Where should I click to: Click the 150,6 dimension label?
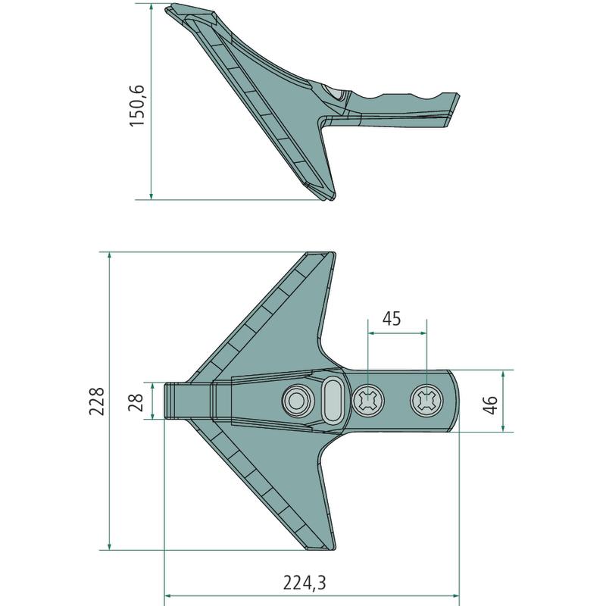137,105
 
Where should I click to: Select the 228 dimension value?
97,401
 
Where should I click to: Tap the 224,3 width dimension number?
305,583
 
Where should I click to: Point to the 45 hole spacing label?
392,319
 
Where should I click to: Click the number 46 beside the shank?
490,405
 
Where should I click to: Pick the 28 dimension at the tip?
136,402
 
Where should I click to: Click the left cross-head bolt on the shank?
369,401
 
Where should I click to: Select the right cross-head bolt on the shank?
426,401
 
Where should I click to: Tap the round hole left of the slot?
298,401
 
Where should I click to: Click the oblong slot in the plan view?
332,401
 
